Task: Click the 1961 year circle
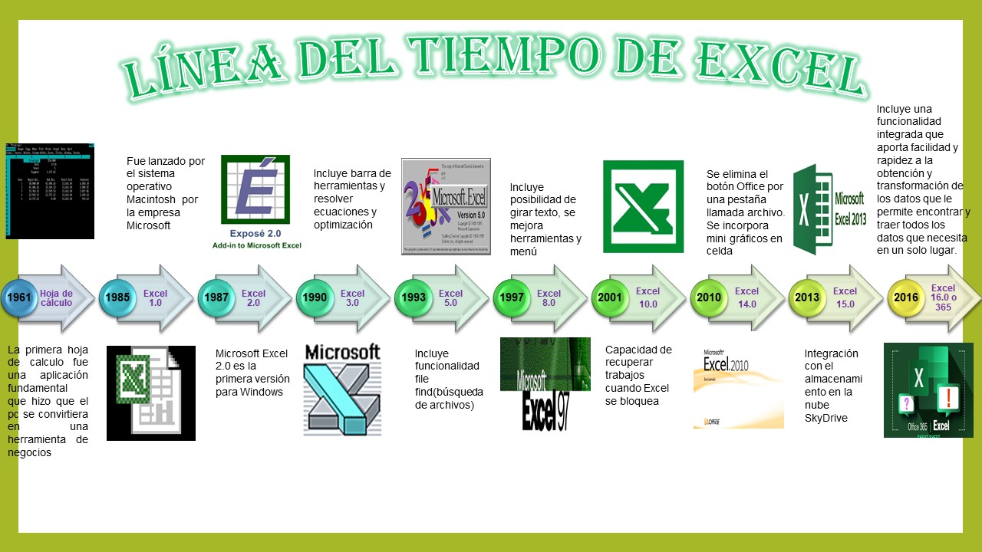[x=18, y=297]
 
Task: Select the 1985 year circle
[x=117, y=297]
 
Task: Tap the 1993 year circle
[x=414, y=297]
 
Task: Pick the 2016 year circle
[x=906, y=297]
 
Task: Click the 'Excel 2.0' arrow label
[x=253, y=298]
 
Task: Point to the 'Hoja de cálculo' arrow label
[x=56, y=298]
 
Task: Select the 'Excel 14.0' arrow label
[x=746, y=298]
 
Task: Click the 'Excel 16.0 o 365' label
[x=944, y=298]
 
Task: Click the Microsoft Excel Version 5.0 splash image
[x=446, y=206]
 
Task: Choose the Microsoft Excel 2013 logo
[x=831, y=209]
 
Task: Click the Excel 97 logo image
[x=545, y=384]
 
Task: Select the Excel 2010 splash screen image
[x=738, y=387]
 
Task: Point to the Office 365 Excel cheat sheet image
[x=928, y=389]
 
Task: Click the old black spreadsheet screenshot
[x=50, y=191]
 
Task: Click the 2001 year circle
[x=610, y=297]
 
